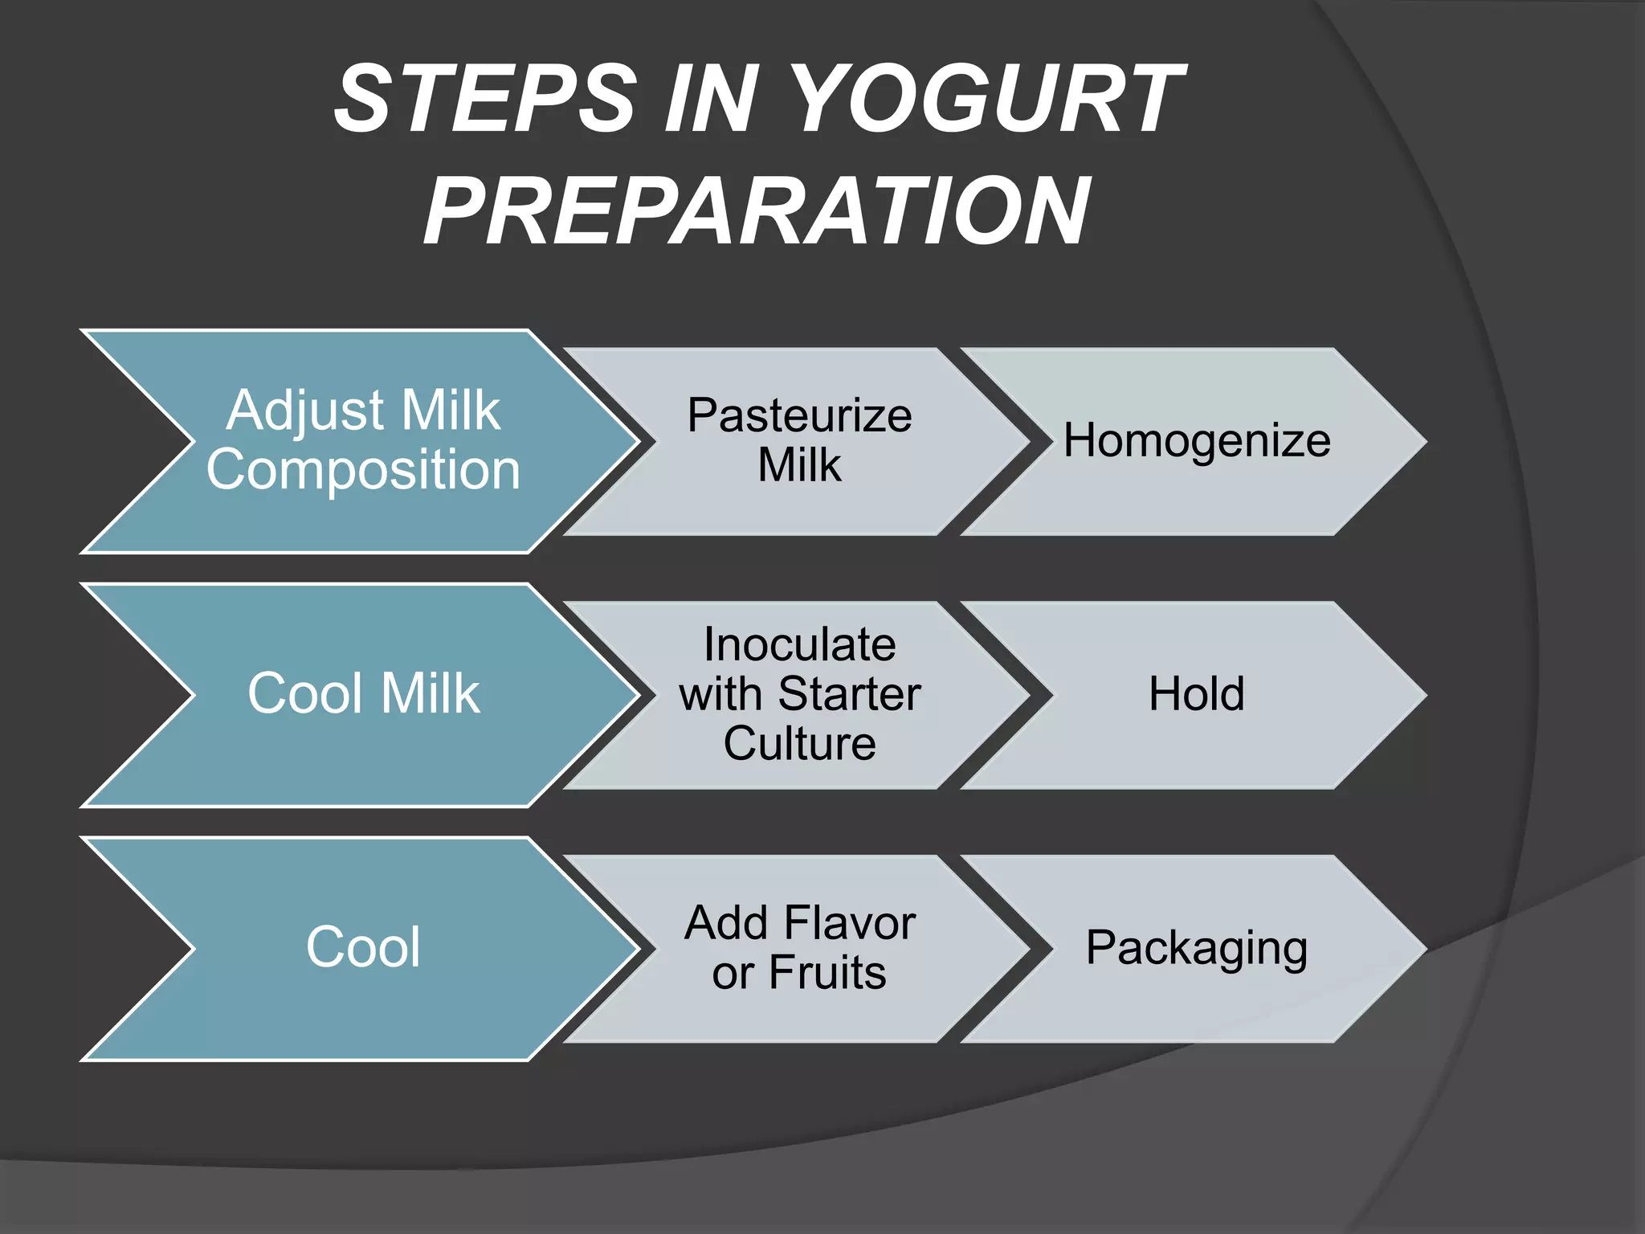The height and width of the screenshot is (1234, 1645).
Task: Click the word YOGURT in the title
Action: [x=988, y=99]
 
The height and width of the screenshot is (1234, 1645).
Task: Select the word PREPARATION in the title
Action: [x=757, y=211]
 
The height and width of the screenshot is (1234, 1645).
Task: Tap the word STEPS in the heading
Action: [x=486, y=99]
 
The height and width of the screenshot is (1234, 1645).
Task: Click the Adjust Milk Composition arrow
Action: [x=363, y=440]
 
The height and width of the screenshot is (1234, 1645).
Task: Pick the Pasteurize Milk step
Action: [x=799, y=440]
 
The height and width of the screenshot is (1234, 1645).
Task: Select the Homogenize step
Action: [x=1197, y=440]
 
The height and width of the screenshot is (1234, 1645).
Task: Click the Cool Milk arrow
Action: [x=363, y=693]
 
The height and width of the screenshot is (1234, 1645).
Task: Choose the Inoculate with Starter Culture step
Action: [x=799, y=693]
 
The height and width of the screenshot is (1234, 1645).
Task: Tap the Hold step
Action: [x=1197, y=693]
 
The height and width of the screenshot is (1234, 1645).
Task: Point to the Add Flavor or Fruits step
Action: [x=799, y=947]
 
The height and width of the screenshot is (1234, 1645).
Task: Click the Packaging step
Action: [x=1197, y=948]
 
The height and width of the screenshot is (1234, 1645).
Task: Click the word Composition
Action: [x=363, y=470]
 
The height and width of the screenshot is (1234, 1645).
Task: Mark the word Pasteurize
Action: [x=799, y=415]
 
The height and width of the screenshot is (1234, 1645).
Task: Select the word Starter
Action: [x=849, y=693]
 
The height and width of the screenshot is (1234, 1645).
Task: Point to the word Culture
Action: [x=799, y=743]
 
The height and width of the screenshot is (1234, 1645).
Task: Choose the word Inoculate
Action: [x=799, y=644]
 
